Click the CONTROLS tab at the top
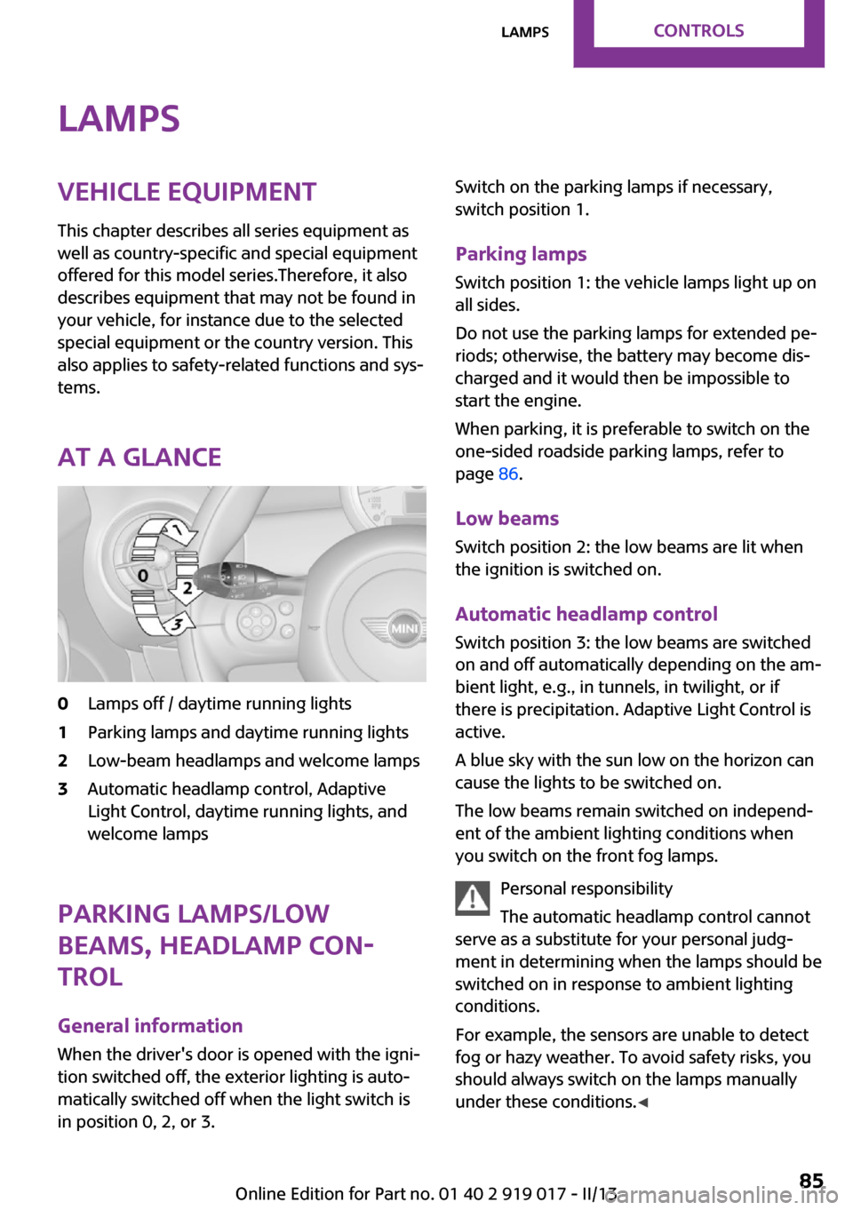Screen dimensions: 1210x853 (698, 31)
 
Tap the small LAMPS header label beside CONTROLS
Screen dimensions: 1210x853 (525, 33)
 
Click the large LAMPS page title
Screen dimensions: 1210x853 (119, 119)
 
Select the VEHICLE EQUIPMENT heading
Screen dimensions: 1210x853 (187, 192)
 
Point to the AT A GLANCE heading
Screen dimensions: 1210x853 (140, 458)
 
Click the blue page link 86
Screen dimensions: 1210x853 (508, 474)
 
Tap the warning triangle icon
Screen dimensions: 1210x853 (473, 898)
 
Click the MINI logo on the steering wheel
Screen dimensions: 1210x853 (404, 628)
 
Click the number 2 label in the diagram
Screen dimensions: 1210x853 (187, 587)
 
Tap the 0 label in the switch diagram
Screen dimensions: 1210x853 (143, 576)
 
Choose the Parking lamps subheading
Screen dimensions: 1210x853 (521, 254)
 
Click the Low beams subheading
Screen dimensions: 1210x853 (506, 519)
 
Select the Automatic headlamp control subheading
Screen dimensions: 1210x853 (586, 614)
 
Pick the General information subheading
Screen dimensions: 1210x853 (150, 1026)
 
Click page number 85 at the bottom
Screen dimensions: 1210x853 (810, 1180)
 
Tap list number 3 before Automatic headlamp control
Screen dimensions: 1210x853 (63, 789)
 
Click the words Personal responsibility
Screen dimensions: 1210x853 (586, 888)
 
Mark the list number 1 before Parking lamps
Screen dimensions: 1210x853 (63, 732)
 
